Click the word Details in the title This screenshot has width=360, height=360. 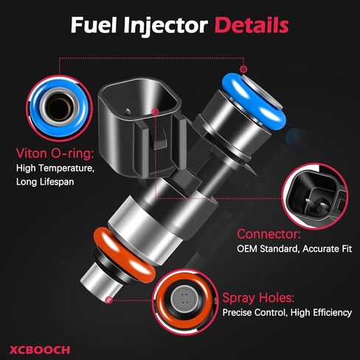pos(251,25)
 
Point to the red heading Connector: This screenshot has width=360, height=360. pos(267,234)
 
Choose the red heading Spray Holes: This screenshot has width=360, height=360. pos(259,298)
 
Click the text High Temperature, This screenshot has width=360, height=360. pos(56,168)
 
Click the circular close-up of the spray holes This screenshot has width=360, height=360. pos(181,300)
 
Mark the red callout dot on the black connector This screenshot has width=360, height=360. pos(155,111)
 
